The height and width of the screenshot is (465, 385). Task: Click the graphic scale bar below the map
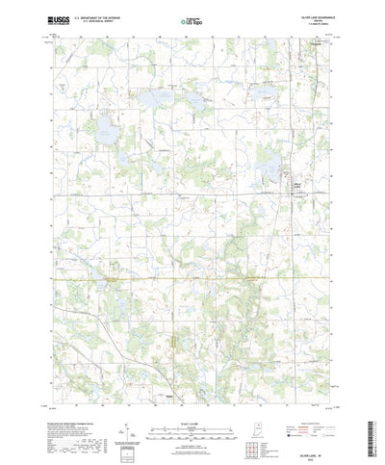pyautogui.click(x=192, y=405)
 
